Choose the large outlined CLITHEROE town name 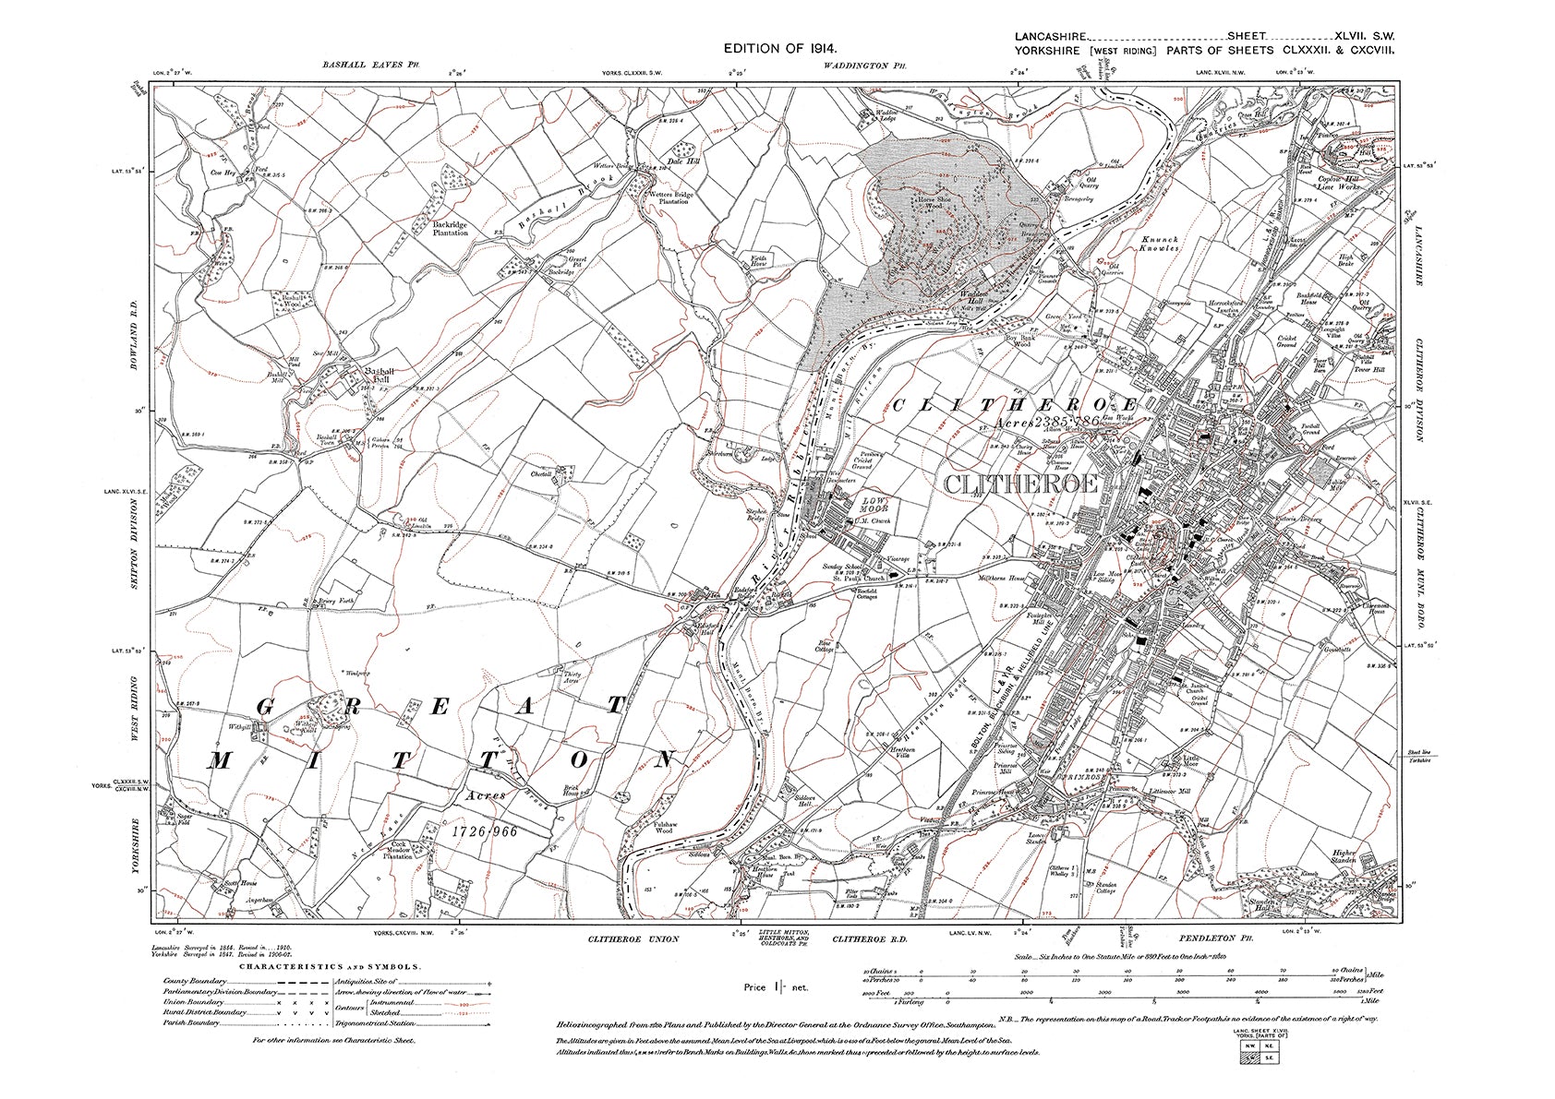click(x=1020, y=484)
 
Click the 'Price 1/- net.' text click(x=776, y=987)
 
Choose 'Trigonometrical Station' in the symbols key click(x=412, y=1021)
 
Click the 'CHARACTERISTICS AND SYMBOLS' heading click(x=331, y=966)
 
